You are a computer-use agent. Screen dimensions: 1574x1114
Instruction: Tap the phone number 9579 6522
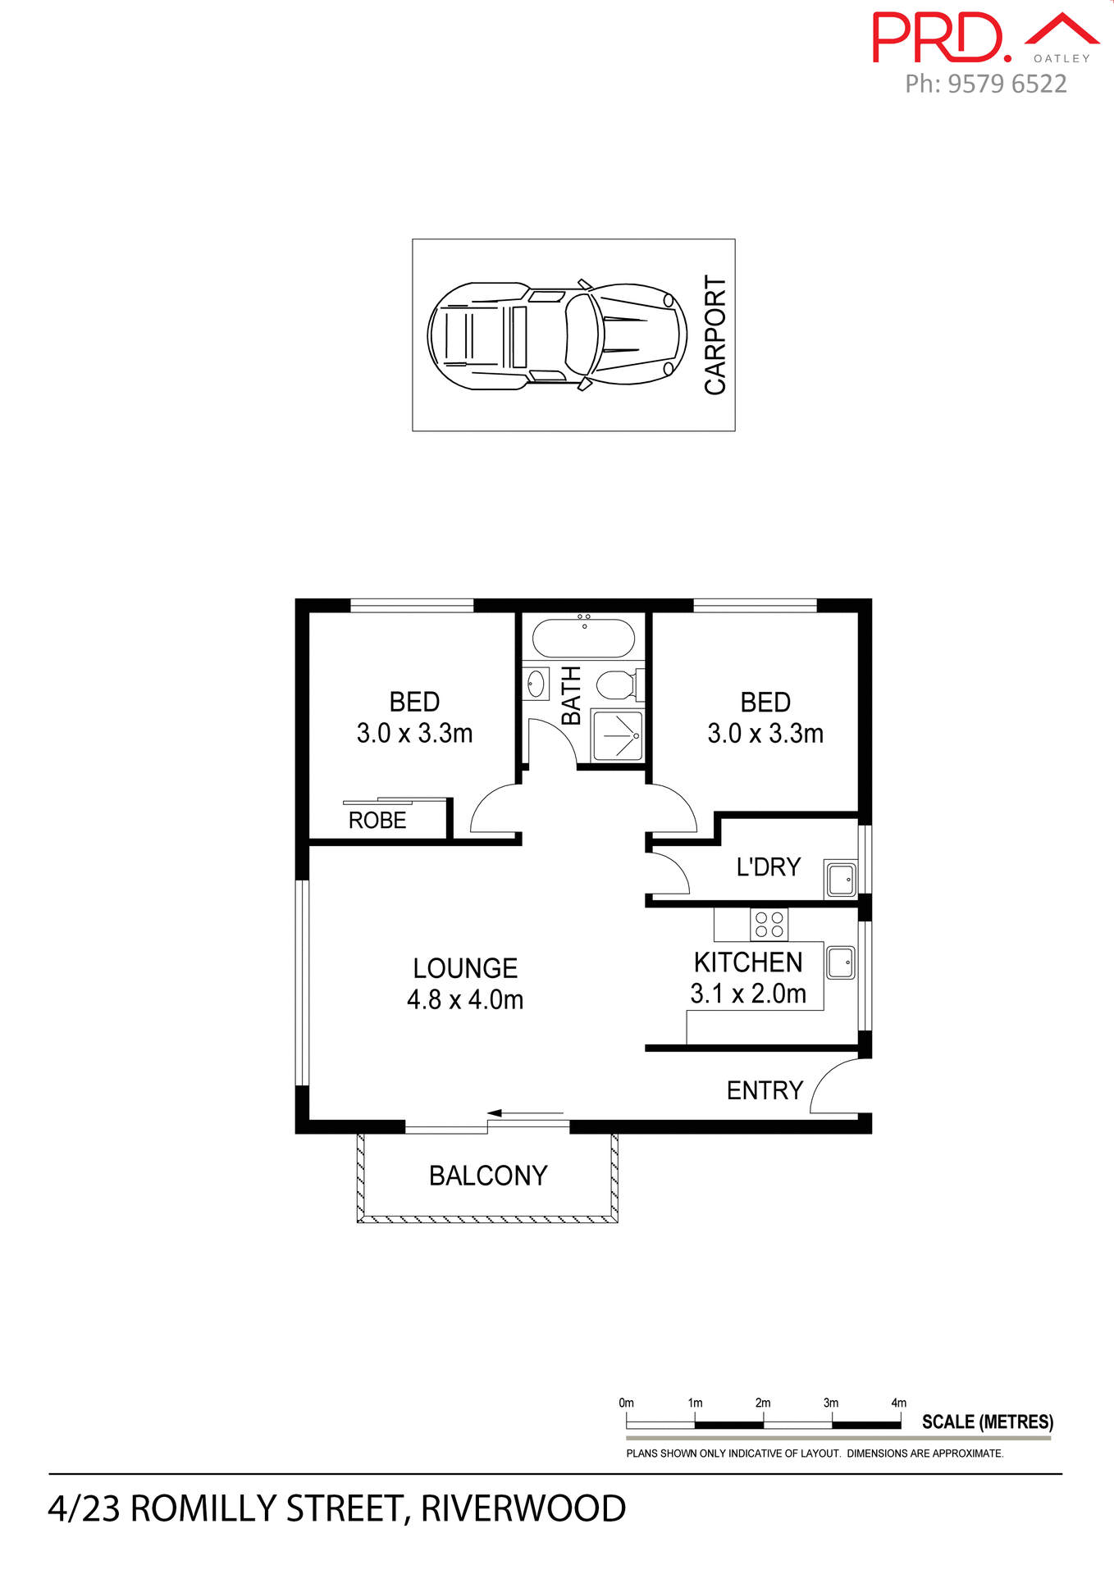(1007, 84)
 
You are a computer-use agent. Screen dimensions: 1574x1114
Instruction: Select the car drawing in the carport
(557, 336)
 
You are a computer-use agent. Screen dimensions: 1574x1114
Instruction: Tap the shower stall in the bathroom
(618, 736)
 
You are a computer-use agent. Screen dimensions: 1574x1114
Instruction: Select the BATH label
(571, 695)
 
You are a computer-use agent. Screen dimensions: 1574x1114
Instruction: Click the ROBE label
(377, 821)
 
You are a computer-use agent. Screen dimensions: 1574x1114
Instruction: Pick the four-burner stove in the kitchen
(769, 925)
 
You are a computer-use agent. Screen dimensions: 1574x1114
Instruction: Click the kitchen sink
(840, 962)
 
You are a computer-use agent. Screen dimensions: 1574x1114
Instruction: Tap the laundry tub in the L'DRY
(840, 880)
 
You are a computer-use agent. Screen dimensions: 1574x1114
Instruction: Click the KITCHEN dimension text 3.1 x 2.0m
(748, 994)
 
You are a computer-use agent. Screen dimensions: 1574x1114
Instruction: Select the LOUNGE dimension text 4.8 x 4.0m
(465, 1000)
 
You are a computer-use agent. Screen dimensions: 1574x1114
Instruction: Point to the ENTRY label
(765, 1090)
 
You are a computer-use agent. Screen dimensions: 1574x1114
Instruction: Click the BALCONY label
(488, 1176)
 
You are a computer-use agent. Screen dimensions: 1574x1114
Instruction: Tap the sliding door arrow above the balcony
(525, 1113)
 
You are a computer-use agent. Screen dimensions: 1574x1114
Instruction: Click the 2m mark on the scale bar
(763, 1403)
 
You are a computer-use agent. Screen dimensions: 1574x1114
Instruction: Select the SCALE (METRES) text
(987, 1422)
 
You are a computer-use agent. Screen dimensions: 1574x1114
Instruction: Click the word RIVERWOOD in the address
(523, 1509)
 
